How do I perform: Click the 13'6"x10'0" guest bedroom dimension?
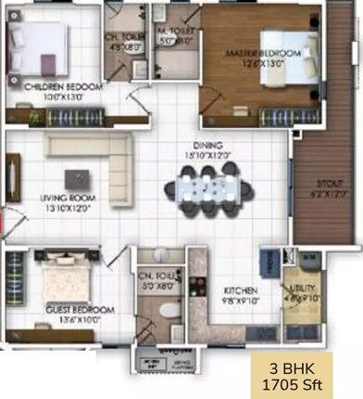point(69,318)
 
